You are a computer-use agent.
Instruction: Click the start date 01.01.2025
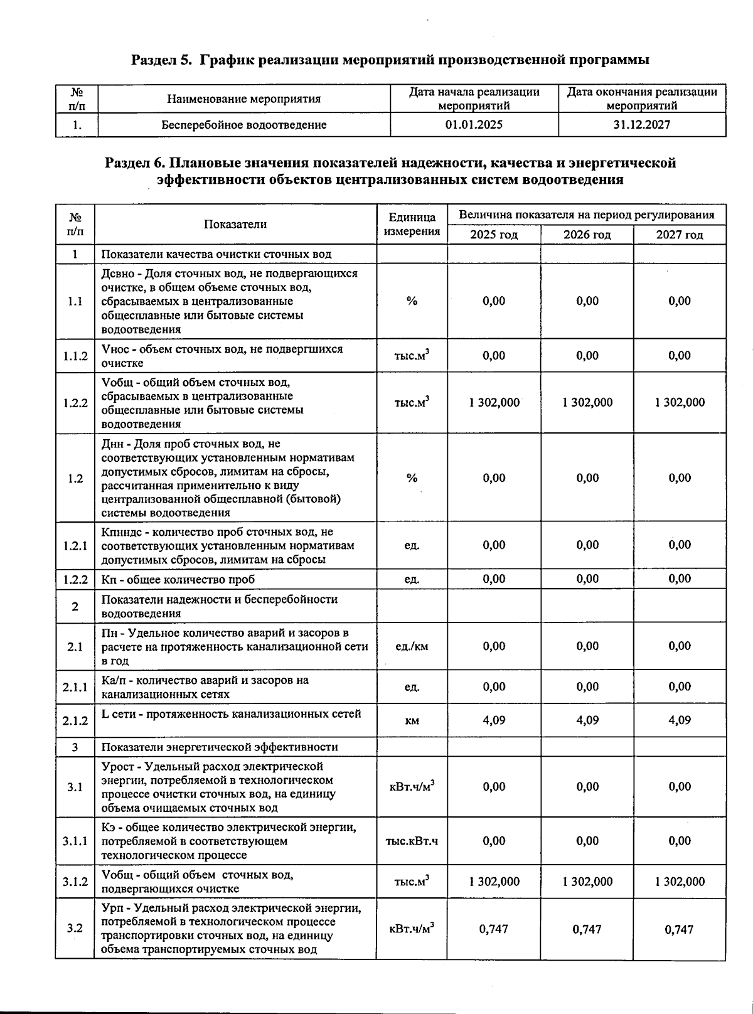[474, 125]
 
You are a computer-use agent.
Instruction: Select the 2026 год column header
[587, 235]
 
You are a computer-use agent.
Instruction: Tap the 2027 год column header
[680, 235]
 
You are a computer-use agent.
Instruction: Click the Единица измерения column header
[412, 225]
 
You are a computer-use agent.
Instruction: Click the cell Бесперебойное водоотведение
[244, 125]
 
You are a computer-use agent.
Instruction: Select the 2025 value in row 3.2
[494, 929]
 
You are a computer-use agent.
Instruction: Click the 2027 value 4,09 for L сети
[680, 720]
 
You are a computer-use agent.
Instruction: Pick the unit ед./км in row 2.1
[412, 646]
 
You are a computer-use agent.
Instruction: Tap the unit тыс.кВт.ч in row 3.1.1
[412, 841]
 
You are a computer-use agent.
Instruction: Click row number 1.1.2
[75, 356]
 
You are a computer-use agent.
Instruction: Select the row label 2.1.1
[75, 687]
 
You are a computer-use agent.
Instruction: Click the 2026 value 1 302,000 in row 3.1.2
[587, 882]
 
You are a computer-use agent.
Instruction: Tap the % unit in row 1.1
[412, 301]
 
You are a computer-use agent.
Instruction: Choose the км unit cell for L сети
[412, 721]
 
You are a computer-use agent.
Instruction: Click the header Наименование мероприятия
[244, 99]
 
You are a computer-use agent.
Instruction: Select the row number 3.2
[75, 928]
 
